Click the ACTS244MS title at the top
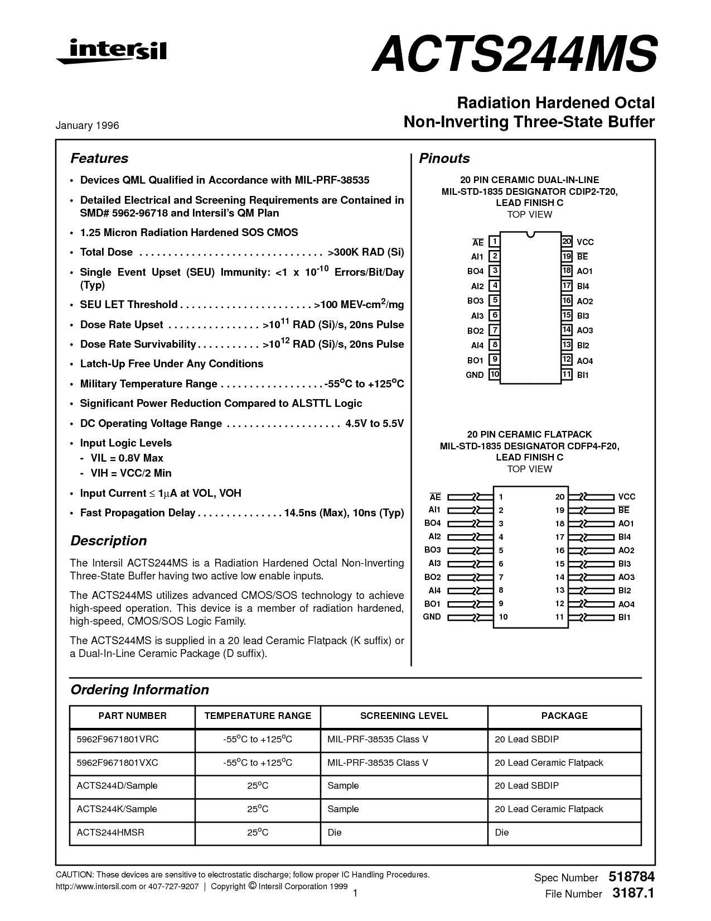514,53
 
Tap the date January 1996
87,126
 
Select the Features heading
99,159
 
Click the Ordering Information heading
139,690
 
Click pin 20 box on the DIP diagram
567,242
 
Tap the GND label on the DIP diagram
475,375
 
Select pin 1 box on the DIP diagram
494,242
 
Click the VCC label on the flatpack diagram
627,497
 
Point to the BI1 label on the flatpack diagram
625,617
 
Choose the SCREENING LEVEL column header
404,716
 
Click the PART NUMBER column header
132,716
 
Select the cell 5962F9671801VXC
118,762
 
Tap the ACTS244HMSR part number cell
110,832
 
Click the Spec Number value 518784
632,877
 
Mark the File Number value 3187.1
633,894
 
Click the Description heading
108,541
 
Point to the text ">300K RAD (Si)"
366,252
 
